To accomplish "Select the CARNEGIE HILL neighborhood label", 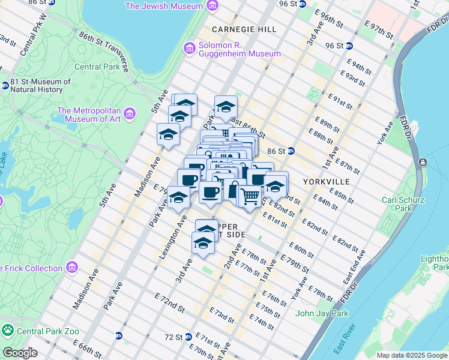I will coord(244,29).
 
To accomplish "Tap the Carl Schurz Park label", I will coord(398,203).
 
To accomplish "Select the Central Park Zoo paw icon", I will coord(8,329).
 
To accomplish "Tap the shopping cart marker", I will coord(250,196).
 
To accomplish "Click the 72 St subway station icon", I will coord(188,337).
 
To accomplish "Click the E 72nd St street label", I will coord(169,302).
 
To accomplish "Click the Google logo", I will coord(20,353).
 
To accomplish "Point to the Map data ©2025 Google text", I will coord(411,355).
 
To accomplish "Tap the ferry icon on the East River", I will coord(423,163).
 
